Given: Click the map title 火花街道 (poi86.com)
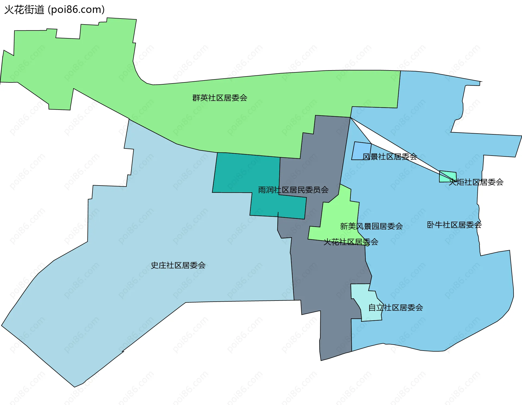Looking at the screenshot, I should coord(54,10).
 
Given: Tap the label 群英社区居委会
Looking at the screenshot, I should coord(220,98).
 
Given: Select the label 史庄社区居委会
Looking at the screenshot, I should coord(178,265).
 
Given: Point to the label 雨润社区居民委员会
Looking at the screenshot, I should coord(293,190).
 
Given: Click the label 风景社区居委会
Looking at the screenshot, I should coord(390,157).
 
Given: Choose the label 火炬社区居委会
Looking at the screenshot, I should coord(476,182).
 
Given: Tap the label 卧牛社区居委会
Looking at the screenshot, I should coord(454,225).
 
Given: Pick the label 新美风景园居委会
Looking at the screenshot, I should coord(371,226).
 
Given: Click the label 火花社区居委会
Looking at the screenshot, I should coord(351,242).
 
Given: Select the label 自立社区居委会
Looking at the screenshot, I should coord(396,308).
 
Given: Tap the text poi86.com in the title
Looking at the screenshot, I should coord(76,10).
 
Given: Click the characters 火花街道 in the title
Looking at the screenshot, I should coord(24,10).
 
